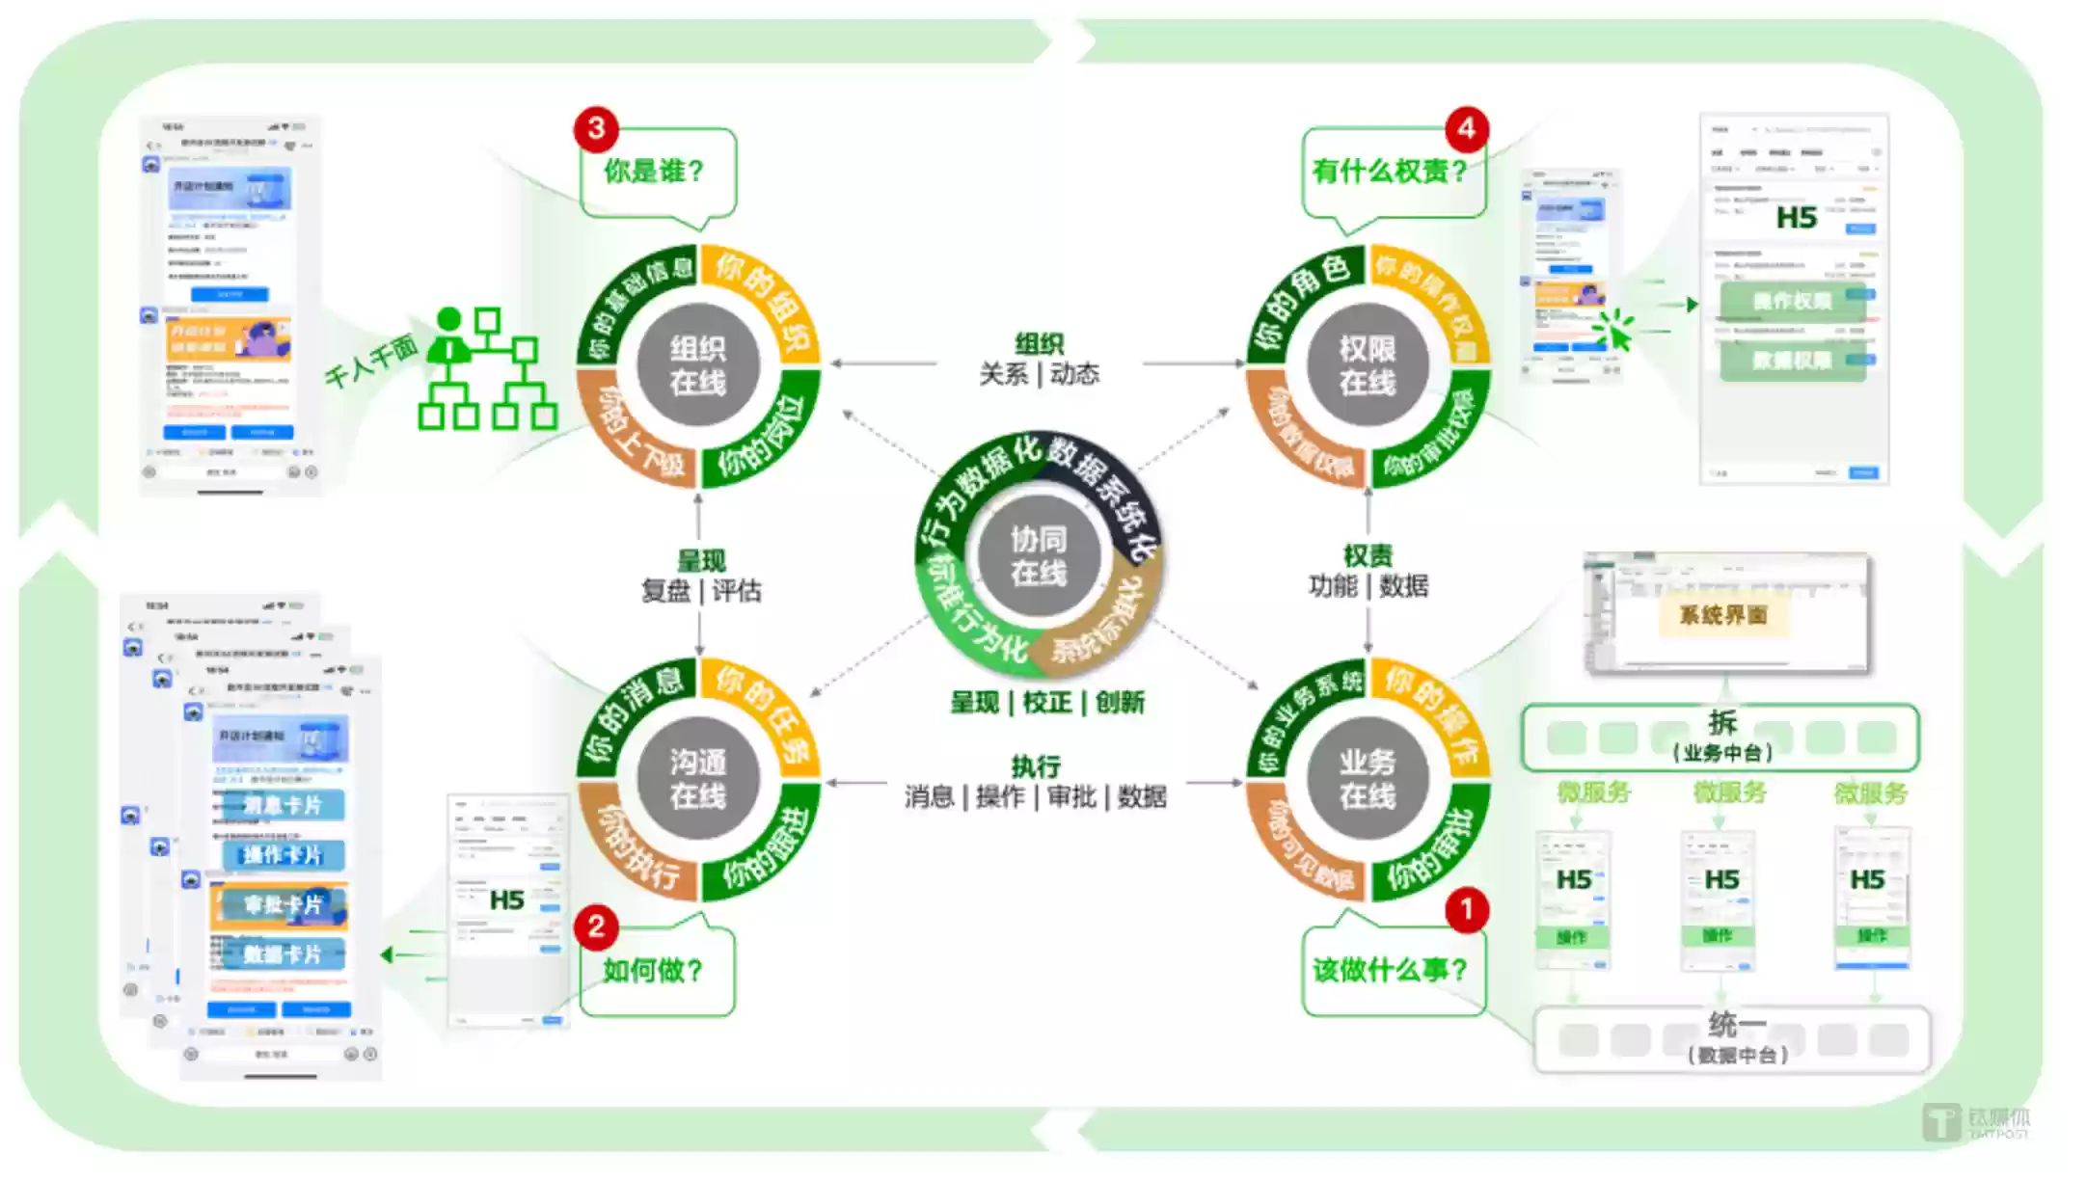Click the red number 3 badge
[596, 128]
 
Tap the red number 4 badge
[1466, 128]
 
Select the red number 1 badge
[1467, 909]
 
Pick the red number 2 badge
[596, 926]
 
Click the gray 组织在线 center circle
[697, 365]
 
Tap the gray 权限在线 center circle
[1367, 365]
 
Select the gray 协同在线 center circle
[1038, 555]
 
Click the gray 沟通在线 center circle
[697, 779]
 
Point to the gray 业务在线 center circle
[1367, 779]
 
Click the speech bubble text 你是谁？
[655, 172]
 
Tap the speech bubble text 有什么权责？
[1390, 172]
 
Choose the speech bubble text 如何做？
[653, 970]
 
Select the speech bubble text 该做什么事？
[1390, 970]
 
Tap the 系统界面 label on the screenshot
[1723, 615]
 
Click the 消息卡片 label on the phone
[282, 805]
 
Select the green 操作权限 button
[1792, 301]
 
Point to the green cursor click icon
[1615, 330]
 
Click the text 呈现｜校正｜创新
[1047, 702]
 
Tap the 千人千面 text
[370, 362]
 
